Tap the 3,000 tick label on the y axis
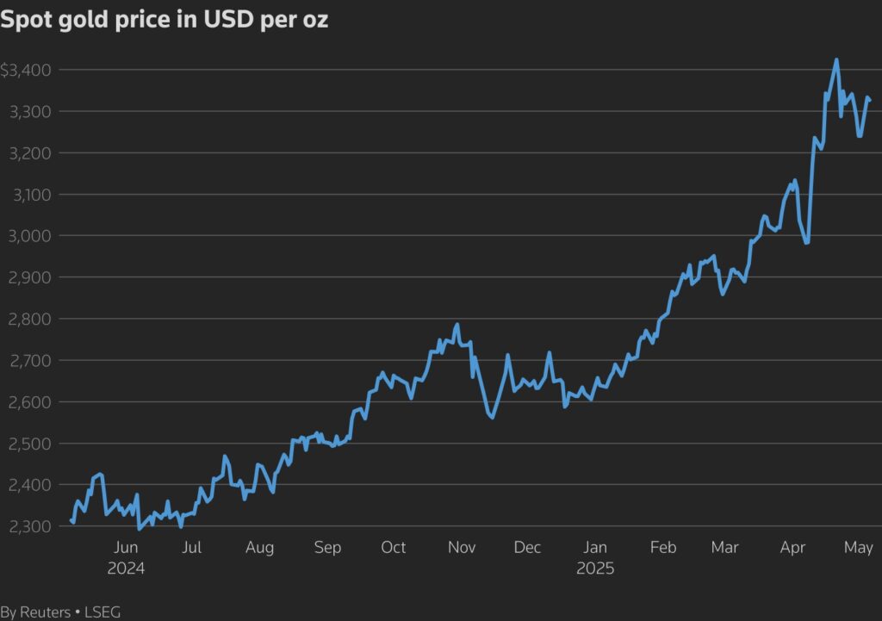[29, 236]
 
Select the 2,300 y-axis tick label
[29, 526]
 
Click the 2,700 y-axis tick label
[29, 361]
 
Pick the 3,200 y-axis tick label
[29, 153]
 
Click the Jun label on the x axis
[126, 548]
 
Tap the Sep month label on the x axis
[327, 548]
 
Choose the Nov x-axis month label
[463, 548]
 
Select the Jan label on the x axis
[596, 548]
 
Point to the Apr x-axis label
[792, 548]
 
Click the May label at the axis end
[859, 548]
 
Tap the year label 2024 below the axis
[126, 568]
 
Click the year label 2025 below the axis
[596, 568]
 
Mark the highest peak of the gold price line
[836, 59]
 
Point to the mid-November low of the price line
[491, 418]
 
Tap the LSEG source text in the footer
[102, 612]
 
